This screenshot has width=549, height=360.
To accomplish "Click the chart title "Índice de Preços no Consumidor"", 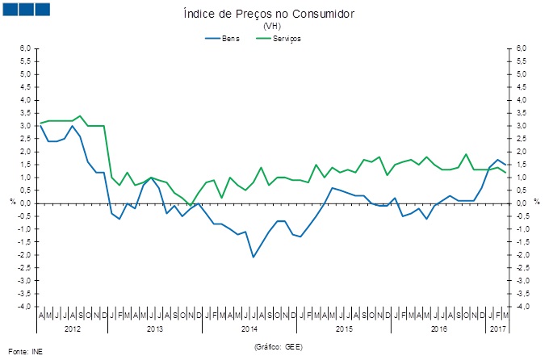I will pos(270,15).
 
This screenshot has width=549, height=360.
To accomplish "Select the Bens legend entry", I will pos(230,38).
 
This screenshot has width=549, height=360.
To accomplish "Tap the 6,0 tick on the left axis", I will pos(26,48).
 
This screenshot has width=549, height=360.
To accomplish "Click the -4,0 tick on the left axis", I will pos(25,307).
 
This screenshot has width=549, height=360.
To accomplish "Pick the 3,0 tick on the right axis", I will pos(522,126).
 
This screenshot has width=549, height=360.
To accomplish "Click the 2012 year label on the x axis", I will pos(72,329).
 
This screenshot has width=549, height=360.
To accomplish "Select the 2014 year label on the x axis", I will pos(249,329).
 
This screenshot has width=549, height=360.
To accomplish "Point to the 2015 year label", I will pos(345,329).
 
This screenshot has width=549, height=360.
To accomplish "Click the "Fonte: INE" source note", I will pos(23,352).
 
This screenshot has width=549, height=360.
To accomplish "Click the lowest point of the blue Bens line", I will pos(254,257).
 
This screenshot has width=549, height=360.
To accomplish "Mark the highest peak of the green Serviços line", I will pos(80,116).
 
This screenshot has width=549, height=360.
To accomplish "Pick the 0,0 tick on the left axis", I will pos(26,203).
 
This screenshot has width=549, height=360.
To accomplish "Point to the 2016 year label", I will pos(439,329).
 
